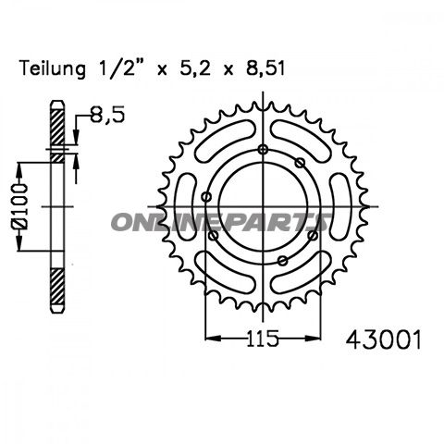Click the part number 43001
tap(376, 341)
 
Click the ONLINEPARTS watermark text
tap(222, 222)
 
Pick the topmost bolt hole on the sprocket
tap(263, 150)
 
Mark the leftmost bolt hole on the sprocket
tap(206, 195)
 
